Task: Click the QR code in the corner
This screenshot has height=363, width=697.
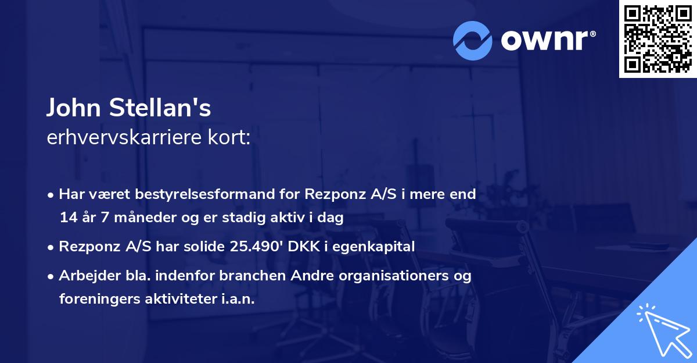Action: coord(658,38)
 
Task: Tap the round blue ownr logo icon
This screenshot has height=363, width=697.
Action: coord(473,41)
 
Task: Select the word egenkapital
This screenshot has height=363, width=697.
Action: coord(378,247)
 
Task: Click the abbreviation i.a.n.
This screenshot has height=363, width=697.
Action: coord(236,299)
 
